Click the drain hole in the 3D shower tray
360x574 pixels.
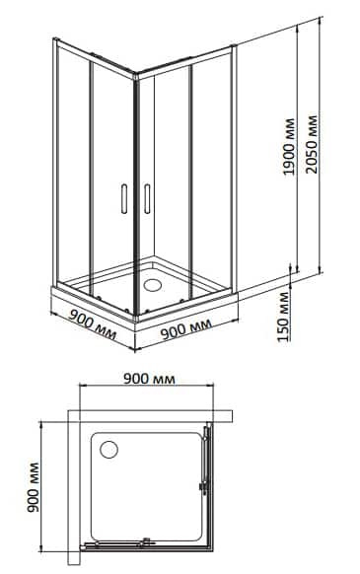(x=154, y=284)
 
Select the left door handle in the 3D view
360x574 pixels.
(x=122, y=198)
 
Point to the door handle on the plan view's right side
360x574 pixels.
(x=204, y=483)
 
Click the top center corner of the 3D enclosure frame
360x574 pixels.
(x=134, y=72)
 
